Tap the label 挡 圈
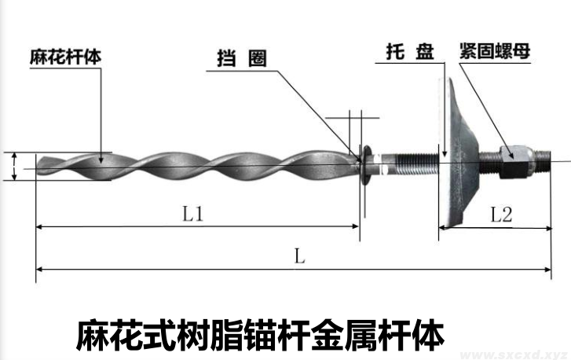pos(241,58)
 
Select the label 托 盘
pos(410,53)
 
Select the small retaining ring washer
pos(366,164)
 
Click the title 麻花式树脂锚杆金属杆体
pos(260,332)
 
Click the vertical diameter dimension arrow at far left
pos(15,166)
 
